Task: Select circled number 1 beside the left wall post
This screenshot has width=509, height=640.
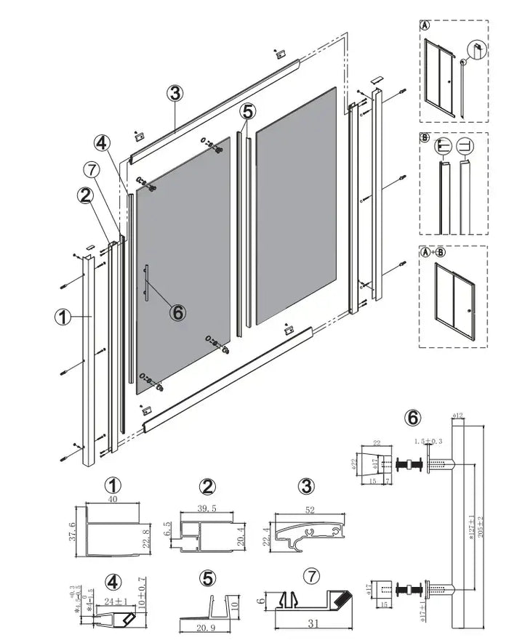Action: pyautogui.click(x=63, y=317)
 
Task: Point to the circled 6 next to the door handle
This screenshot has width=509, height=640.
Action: pyautogui.click(x=177, y=312)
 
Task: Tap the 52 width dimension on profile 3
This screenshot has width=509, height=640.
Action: pyautogui.click(x=310, y=511)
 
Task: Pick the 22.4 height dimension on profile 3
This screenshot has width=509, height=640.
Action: pyautogui.click(x=265, y=535)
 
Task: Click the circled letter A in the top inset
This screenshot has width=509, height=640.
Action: pyautogui.click(x=425, y=25)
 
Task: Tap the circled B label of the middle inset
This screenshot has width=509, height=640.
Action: pyautogui.click(x=425, y=137)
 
